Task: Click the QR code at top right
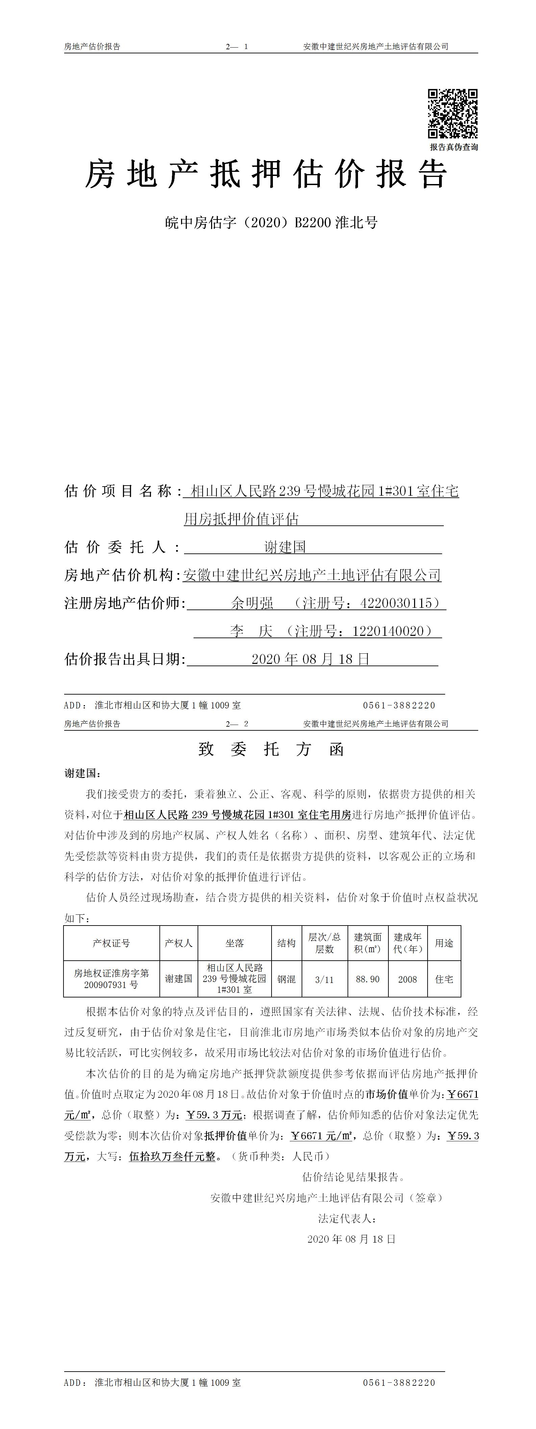point(453,114)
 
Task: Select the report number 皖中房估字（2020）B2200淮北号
point(271,223)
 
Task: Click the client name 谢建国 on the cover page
point(285,548)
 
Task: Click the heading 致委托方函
point(271,750)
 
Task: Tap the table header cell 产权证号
point(111,943)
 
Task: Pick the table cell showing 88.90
point(367,979)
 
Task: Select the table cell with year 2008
point(407,979)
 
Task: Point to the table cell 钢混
point(286,979)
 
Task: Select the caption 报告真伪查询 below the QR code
point(453,147)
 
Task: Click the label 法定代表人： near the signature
point(347,1219)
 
